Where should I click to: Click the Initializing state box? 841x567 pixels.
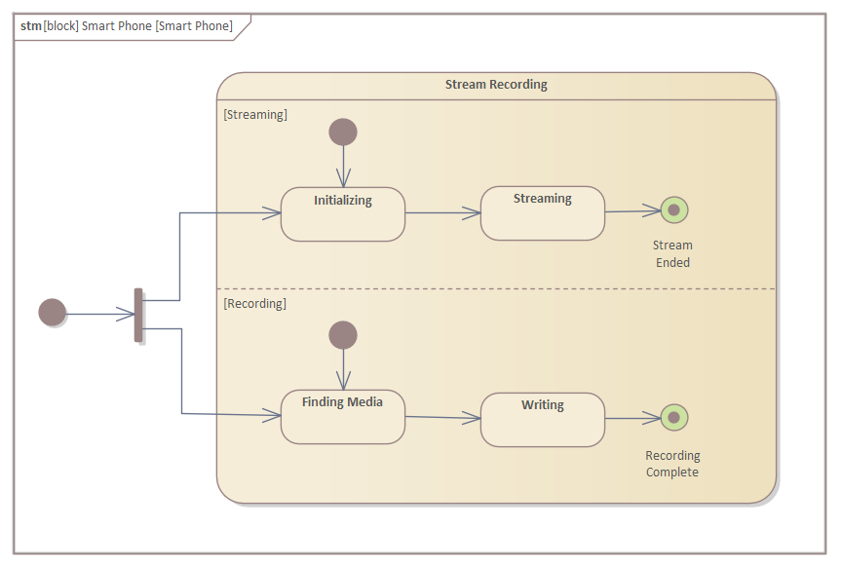(x=343, y=214)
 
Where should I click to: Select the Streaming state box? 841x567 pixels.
(x=542, y=213)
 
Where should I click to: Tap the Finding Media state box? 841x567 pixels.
(x=343, y=417)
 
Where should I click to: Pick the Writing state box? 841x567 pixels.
(x=542, y=420)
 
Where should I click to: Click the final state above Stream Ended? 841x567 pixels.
(x=673, y=209)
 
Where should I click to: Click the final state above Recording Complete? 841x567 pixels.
(x=673, y=418)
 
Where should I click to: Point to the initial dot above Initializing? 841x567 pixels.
(x=343, y=132)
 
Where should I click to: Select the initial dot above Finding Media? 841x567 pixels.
(x=343, y=335)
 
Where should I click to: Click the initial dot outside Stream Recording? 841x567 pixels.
(x=53, y=313)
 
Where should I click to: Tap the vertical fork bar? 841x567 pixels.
(x=138, y=315)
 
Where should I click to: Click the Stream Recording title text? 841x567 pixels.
(x=496, y=85)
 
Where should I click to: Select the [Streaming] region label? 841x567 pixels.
(x=255, y=115)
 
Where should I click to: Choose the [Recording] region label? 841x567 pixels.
(x=255, y=304)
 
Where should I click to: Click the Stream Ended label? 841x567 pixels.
(x=672, y=254)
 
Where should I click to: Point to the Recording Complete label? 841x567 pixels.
(x=672, y=464)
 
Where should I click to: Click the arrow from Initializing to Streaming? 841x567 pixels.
(x=442, y=212)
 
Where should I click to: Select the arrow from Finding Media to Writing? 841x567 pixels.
(x=442, y=418)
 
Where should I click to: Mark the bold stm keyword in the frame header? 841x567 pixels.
(x=31, y=26)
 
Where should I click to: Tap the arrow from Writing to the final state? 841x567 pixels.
(x=633, y=419)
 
